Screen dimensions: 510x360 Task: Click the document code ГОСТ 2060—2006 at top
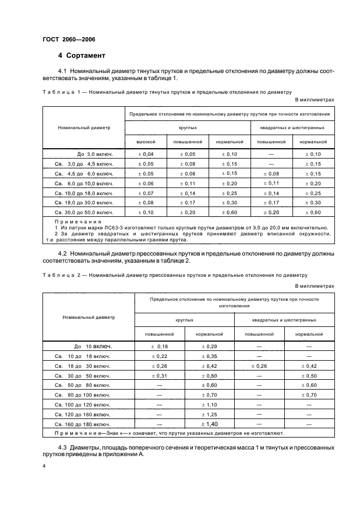point(65,40)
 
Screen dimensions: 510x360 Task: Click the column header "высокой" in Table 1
point(146,142)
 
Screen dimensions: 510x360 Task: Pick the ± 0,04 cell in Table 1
point(146,155)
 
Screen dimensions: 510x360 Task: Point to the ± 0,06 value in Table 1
point(146,183)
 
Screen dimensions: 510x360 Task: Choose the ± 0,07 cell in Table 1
point(146,193)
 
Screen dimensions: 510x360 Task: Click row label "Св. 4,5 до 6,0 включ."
point(84,174)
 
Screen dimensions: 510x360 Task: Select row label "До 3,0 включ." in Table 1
point(93,155)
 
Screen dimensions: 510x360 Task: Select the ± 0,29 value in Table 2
point(209,346)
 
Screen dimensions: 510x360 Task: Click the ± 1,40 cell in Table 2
point(209,423)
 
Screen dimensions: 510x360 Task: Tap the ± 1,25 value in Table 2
point(209,414)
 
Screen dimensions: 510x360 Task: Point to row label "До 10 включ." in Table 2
point(93,346)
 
